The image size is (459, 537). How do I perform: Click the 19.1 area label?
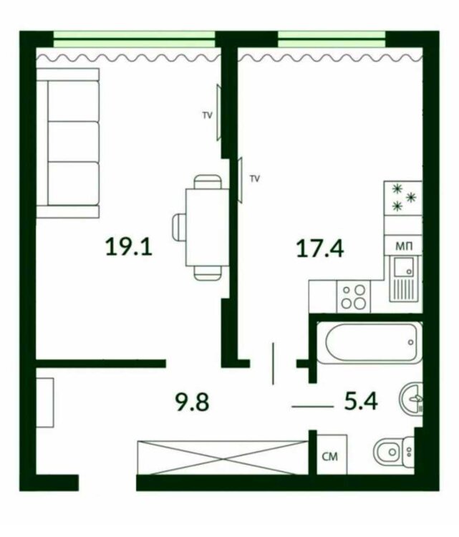[129, 247]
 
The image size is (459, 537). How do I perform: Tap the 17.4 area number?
[320, 248]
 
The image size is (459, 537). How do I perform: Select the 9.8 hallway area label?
[192, 402]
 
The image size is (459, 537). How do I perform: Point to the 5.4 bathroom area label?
[361, 401]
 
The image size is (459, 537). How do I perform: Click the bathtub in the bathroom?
[370, 342]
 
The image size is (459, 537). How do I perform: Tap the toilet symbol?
[394, 452]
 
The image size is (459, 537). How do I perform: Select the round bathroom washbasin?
[411, 398]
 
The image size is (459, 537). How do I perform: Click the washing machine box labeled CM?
[332, 455]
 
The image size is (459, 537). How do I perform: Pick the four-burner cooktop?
[354, 296]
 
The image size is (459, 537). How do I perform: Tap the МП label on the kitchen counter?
[404, 246]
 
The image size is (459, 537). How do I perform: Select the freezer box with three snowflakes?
[403, 198]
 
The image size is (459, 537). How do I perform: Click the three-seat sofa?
[68, 143]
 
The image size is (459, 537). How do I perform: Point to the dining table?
[207, 228]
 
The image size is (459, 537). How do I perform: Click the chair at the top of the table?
[208, 182]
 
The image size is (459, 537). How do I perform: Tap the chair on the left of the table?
[179, 228]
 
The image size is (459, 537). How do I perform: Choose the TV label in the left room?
[207, 115]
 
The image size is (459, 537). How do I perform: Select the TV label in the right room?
[255, 178]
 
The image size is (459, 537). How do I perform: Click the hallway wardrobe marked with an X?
[223, 458]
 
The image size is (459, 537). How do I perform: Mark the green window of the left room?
[135, 39]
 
